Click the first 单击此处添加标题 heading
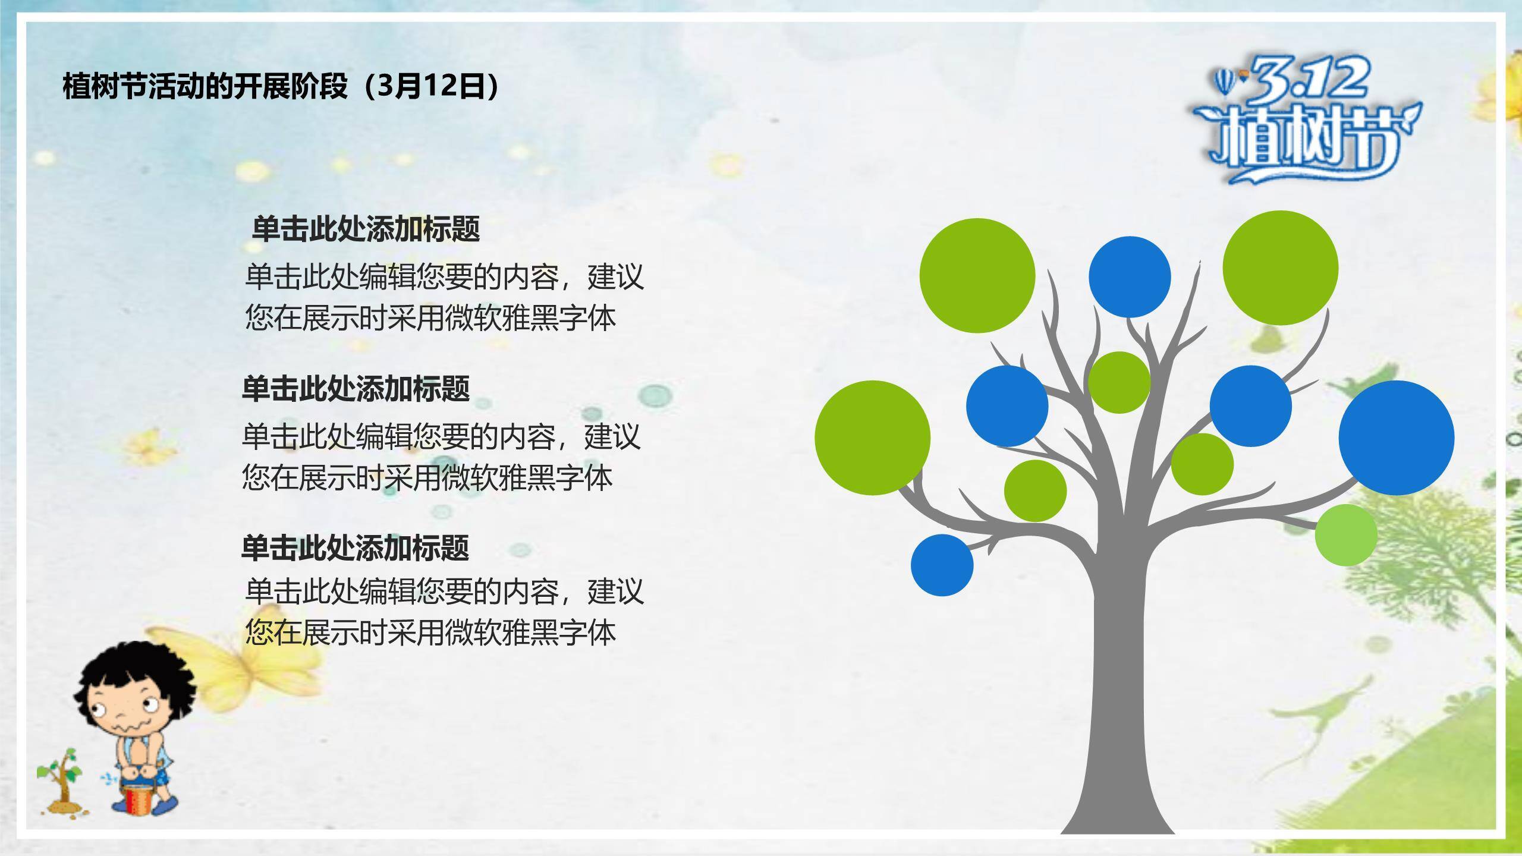click(366, 229)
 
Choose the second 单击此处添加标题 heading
click(356, 389)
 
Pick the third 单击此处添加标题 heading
click(356, 547)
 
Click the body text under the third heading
click(445, 612)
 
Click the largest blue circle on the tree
click(1397, 438)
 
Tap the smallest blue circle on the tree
click(942, 565)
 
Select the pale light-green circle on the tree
click(1346, 535)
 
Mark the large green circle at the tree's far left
click(872, 438)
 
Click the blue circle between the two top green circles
click(1130, 277)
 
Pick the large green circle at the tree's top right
click(1281, 268)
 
